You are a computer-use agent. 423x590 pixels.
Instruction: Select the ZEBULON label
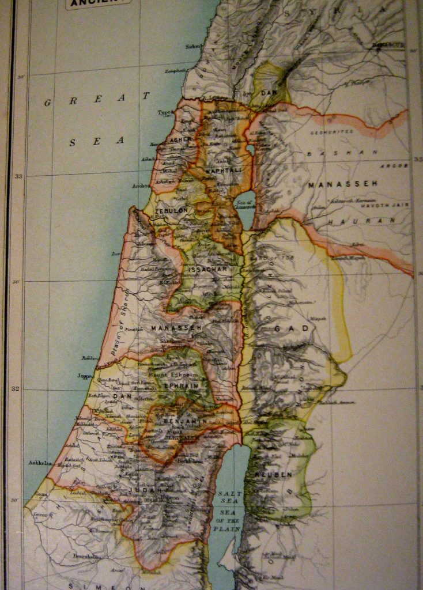168,211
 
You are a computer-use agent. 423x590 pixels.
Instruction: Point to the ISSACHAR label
211,268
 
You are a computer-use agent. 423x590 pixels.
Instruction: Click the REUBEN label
278,474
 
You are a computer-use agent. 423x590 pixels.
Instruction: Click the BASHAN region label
342,153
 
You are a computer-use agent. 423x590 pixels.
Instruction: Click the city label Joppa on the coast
85,376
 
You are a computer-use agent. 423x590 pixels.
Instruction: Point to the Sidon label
193,46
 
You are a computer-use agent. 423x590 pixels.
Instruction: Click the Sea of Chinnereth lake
244,209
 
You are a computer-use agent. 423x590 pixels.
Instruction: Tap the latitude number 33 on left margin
18,176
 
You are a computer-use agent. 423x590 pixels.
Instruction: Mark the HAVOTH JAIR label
380,205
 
